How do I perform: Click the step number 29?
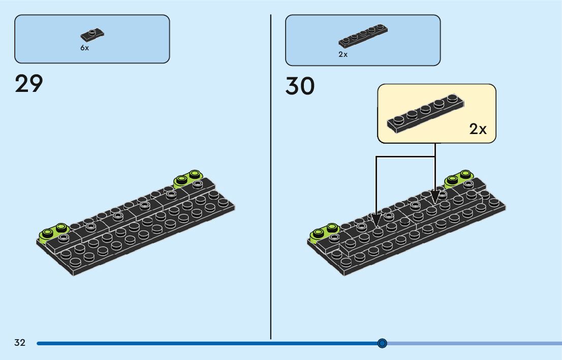tap(29, 84)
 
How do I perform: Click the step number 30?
tap(300, 86)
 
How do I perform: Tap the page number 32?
tap(20, 343)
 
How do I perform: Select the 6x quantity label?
tap(84, 48)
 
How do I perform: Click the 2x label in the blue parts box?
tap(343, 54)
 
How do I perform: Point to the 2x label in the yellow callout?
tap(478, 129)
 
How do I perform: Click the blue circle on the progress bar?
tap(383, 343)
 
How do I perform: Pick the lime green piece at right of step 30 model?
tap(459, 178)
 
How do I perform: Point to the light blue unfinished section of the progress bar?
tap(473, 343)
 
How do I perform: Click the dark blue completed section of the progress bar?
tap(203, 343)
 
